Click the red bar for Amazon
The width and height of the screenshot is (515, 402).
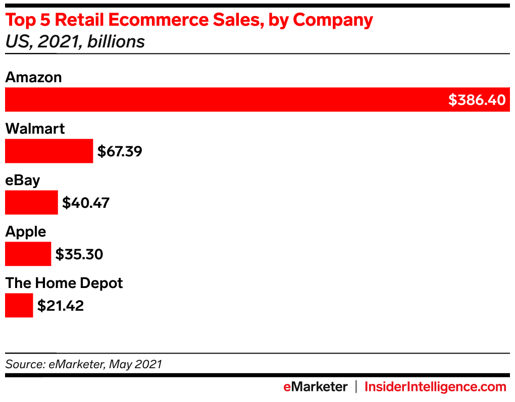tap(222, 99)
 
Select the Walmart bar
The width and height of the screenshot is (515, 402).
tap(49, 151)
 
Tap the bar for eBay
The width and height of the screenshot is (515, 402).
tap(31, 202)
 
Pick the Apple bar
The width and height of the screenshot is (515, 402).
tap(28, 254)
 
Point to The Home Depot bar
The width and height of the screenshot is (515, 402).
tap(19, 305)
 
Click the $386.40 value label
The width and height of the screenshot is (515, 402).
tap(477, 100)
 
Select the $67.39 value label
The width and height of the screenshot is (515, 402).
tap(120, 151)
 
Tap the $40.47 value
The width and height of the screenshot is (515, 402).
tap(86, 203)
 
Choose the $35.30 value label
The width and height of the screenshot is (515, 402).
tap(79, 254)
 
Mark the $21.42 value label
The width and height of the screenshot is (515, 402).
tap(61, 306)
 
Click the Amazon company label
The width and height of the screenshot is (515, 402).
tap(33, 77)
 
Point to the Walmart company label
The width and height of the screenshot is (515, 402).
tap(35, 129)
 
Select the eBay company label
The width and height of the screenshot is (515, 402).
tap(23, 180)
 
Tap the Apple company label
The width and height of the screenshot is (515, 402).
tap(25, 232)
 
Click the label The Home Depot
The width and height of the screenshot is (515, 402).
tap(64, 283)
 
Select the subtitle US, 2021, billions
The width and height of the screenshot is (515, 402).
tap(75, 41)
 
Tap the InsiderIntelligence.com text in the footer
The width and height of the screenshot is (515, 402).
tap(435, 387)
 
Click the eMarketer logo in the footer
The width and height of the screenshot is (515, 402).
tap(315, 387)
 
